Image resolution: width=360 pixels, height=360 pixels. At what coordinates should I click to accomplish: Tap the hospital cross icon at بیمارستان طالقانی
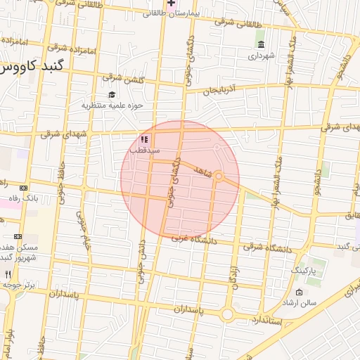pos(171,4)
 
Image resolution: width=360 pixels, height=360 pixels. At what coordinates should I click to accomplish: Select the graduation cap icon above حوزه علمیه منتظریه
pos(112,95)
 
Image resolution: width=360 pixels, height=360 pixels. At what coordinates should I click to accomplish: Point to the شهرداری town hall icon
pos(262,45)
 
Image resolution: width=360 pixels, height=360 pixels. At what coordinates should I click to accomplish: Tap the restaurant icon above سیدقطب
pos(145,140)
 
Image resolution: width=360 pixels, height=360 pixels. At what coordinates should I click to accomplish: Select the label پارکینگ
pos(304,270)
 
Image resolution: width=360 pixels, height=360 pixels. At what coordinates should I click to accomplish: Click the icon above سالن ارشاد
pos(300,292)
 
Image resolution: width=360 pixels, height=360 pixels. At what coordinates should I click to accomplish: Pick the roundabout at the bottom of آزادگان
pos(227,314)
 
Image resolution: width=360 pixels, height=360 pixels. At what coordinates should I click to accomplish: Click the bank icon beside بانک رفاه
pos(24,188)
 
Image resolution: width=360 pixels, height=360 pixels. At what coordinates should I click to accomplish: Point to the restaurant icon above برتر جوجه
pos(8,274)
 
